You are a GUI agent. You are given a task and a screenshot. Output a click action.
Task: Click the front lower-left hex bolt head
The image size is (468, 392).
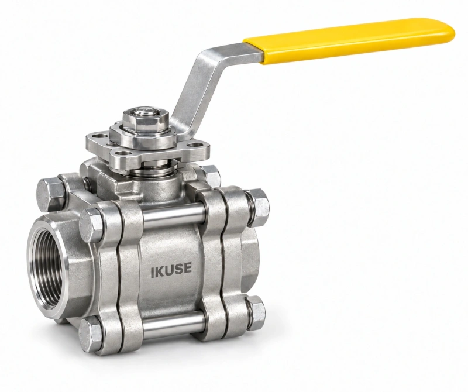coord(91,331)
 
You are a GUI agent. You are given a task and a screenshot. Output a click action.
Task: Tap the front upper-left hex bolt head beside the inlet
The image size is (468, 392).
coord(91,225)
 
